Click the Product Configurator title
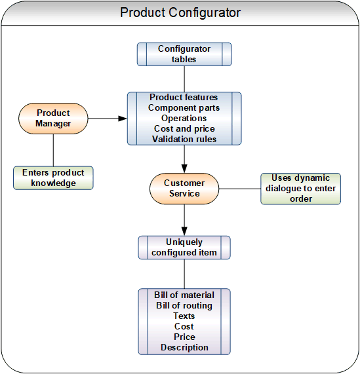(x=180, y=13)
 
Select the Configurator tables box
(x=184, y=54)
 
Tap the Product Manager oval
(x=53, y=119)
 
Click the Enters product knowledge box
(x=53, y=178)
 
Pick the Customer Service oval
(x=184, y=189)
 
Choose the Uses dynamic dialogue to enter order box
(x=300, y=189)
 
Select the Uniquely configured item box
(x=184, y=248)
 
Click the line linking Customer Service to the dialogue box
(x=239, y=189)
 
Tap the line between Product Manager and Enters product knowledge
(x=53, y=151)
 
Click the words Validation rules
(x=184, y=139)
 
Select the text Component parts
(x=184, y=107)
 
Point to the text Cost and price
(x=184, y=128)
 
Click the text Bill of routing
(x=184, y=305)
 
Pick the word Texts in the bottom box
(x=184, y=316)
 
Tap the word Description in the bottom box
(x=184, y=347)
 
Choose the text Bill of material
(x=184, y=295)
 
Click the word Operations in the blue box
(x=184, y=118)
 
